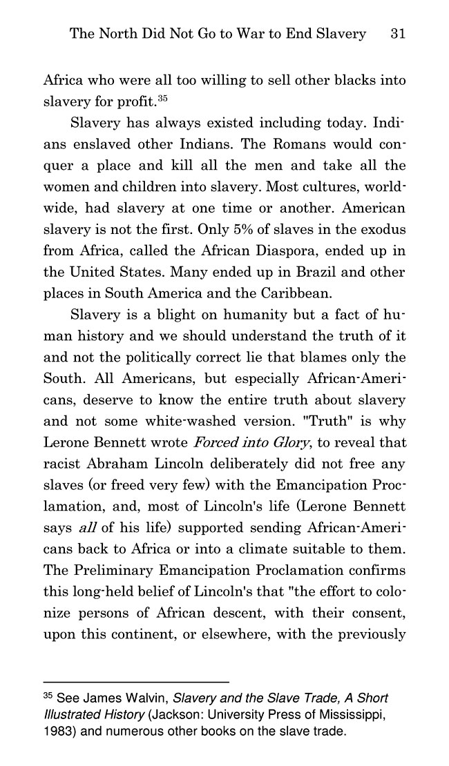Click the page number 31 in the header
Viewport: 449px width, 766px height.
coord(397,34)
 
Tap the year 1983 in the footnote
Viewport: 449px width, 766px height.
coord(57,731)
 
